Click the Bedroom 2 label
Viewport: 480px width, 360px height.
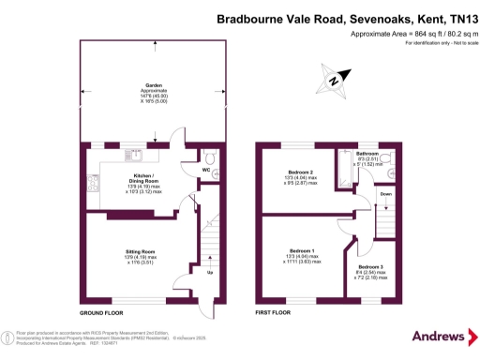(x=301, y=172)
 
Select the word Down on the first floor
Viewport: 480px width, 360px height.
(x=386, y=196)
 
